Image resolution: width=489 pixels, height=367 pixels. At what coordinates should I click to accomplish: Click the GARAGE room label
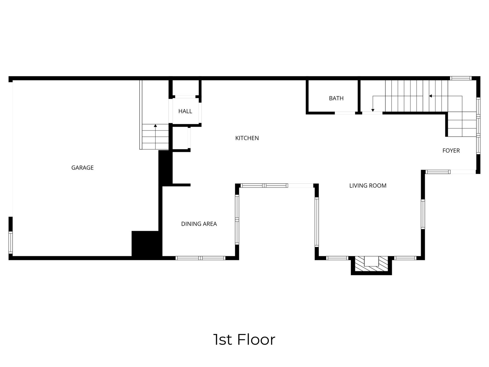(82, 168)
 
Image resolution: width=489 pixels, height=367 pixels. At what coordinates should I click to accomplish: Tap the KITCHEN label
(247, 138)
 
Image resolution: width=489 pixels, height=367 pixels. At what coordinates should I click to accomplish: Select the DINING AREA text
(199, 224)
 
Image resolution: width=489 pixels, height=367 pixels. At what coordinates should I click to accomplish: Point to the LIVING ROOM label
(368, 186)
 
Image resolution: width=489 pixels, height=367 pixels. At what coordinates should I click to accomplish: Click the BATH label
(336, 98)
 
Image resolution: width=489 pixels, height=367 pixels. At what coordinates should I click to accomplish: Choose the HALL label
(185, 111)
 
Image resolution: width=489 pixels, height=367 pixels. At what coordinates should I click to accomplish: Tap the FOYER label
(451, 150)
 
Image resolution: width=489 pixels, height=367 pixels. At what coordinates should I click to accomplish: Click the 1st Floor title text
(244, 339)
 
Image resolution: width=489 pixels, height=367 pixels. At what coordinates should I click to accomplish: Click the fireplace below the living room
(371, 264)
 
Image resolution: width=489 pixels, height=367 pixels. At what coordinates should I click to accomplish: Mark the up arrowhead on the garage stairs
(155, 126)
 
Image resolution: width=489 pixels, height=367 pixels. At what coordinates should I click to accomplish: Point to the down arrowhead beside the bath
(373, 110)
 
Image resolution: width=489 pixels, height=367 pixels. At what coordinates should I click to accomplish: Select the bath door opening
(345, 113)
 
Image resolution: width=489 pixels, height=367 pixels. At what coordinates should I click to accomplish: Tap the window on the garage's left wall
(11, 242)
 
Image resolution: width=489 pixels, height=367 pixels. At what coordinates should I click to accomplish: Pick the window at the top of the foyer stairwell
(461, 78)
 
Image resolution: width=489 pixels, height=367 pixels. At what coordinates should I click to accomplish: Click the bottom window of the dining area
(200, 258)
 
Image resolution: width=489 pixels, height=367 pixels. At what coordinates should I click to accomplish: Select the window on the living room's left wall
(317, 222)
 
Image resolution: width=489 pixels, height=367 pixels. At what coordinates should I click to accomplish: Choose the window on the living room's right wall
(423, 214)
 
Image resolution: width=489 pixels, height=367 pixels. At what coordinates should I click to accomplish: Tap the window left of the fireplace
(337, 258)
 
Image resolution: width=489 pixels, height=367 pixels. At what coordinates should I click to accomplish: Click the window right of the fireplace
(405, 258)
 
